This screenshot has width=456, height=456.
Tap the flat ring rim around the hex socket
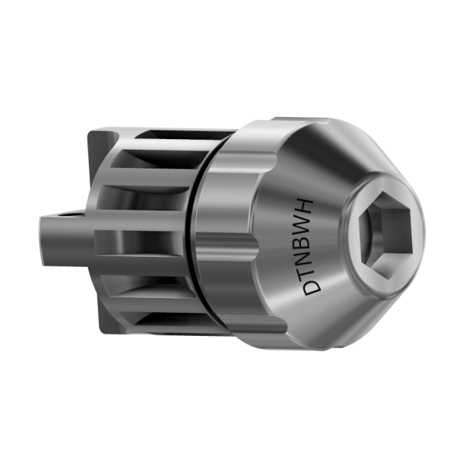click(x=356, y=251)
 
